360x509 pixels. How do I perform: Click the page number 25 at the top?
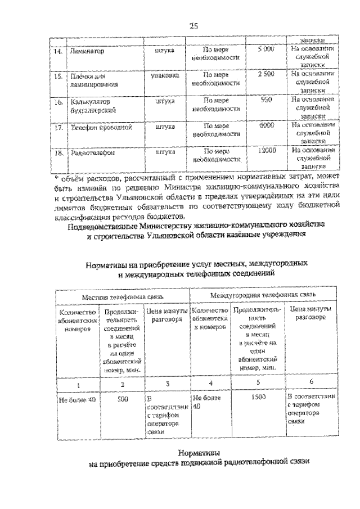[x=193, y=25]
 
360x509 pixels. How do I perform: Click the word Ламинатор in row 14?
[x=88, y=51]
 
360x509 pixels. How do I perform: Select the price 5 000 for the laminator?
[x=265, y=50]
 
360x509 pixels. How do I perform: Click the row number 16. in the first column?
[x=57, y=103]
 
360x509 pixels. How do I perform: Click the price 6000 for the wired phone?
[x=266, y=127]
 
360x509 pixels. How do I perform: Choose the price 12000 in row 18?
[x=266, y=151]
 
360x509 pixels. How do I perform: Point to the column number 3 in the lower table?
[x=166, y=385]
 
